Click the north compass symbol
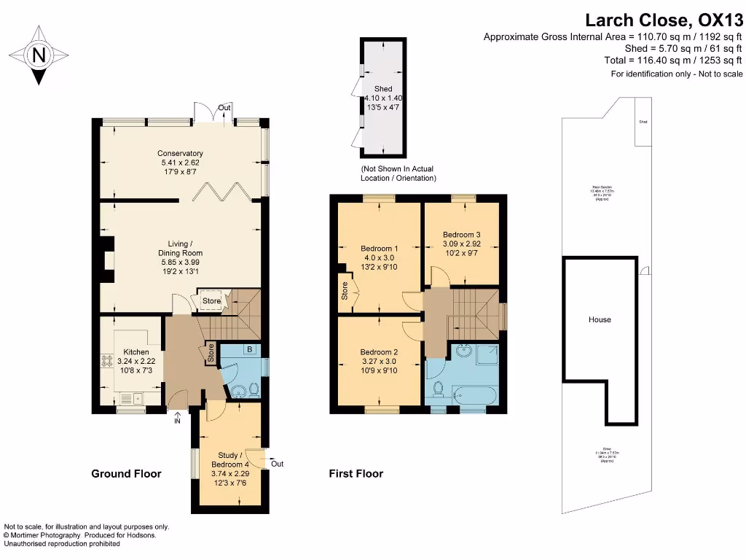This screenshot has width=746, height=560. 39,55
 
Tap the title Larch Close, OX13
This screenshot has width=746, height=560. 665,20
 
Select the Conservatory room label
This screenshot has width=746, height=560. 178,158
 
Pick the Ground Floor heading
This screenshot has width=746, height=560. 126,474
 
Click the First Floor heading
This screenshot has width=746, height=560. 356,474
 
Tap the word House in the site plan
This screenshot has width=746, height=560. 600,319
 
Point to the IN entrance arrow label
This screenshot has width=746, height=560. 177,421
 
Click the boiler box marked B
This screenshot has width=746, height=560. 249,350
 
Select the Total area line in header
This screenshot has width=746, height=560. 673,61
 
